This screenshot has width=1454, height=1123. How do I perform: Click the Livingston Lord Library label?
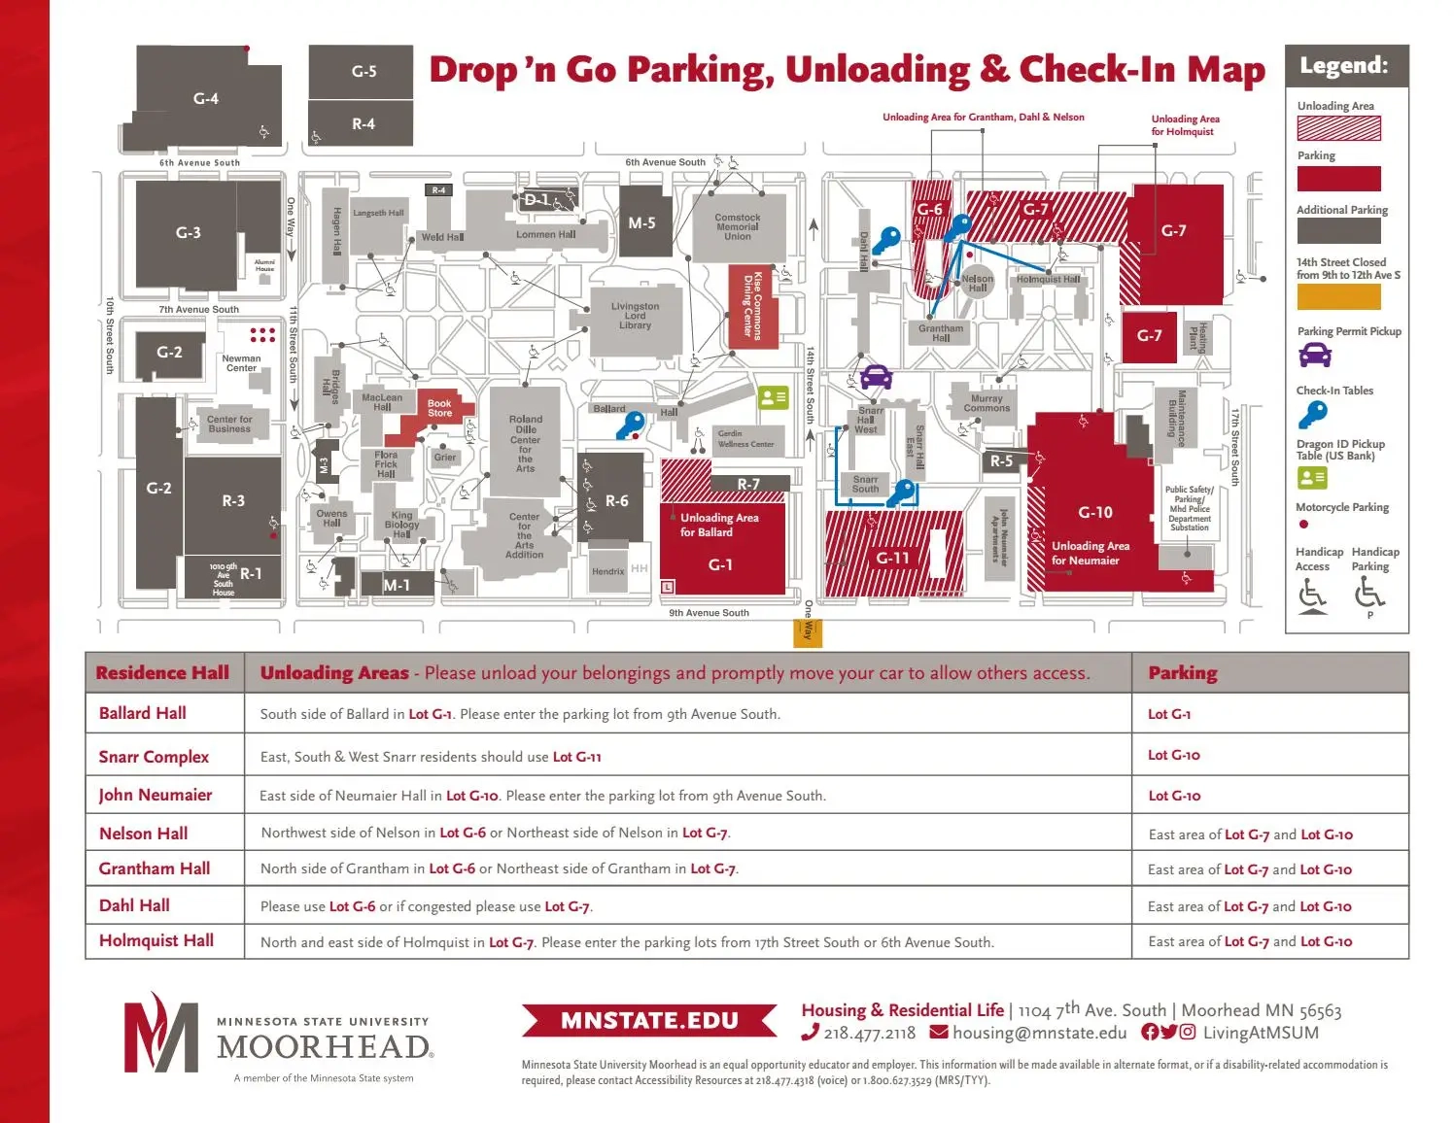[x=635, y=316]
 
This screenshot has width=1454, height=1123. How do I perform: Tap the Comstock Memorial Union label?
[x=737, y=227]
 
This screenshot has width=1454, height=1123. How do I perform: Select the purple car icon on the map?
[x=876, y=376]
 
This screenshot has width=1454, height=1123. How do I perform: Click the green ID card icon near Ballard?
[x=773, y=397]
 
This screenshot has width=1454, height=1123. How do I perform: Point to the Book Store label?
[x=439, y=408]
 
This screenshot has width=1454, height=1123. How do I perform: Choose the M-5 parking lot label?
[x=641, y=223]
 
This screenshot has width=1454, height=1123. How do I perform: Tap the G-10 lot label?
[x=1095, y=512]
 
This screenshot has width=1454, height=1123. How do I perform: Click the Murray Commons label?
[x=987, y=403]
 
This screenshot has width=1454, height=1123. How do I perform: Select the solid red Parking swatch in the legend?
[x=1338, y=179]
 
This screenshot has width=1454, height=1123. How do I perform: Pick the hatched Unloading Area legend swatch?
[x=1338, y=128]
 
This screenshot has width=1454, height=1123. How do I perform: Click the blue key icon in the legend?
[x=1312, y=415]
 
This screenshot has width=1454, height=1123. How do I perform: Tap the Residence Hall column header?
[x=162, y=672]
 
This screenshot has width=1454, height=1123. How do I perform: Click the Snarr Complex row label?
[x=154, y=757]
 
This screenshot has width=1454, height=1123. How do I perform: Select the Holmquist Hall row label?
[x=156, y=940]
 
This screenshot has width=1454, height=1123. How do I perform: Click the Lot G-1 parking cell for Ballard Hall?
[x=1169, y=714]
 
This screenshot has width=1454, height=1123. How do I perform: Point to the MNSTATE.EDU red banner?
[x=649, y=1021]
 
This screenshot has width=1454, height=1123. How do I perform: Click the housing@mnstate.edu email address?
[x=1039, y=1033]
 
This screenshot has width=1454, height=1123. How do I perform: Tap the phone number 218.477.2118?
[x=869, y=1034]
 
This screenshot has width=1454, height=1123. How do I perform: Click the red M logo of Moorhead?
[x=159, y=1034]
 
